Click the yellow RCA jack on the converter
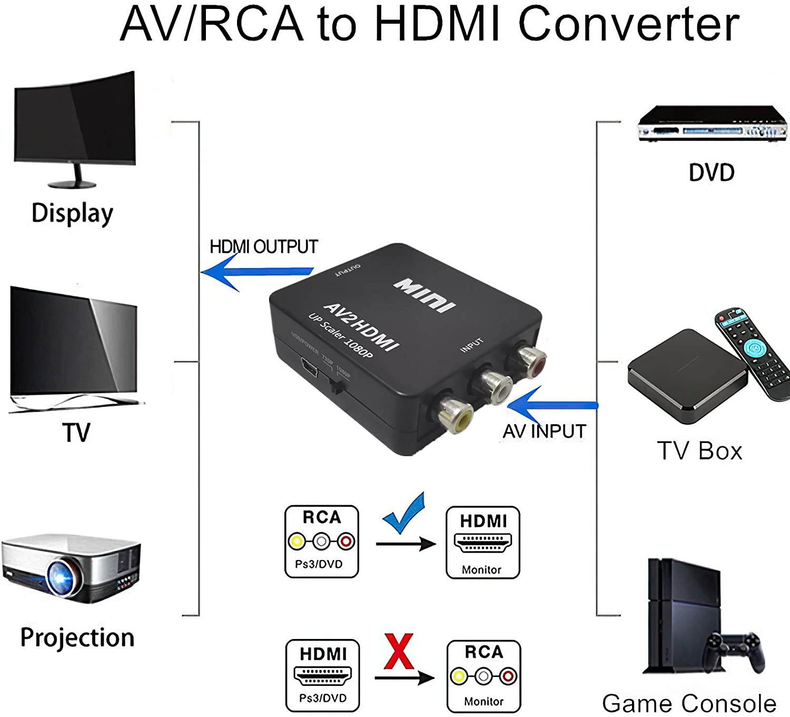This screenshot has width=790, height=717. pyautogui.click(x=456, y=414)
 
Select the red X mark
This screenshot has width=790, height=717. pyautogui.click(x=399, y=652)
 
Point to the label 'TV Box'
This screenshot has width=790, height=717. pyautogui.click(x=699, y=451)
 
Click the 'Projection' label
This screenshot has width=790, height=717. pyautogui.click(x=77, y=637)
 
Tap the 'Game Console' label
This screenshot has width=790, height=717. pyautogui.click(x=689, y=703)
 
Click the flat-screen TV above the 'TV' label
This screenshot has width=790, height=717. pyautogui.click(x=74, y=348)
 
